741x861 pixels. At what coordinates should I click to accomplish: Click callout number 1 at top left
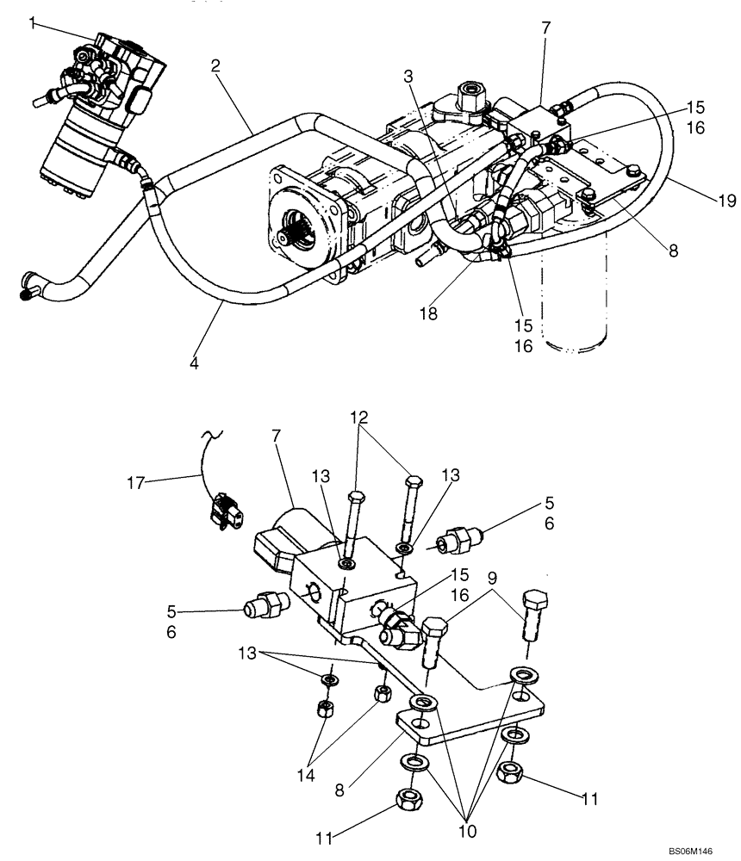coord(33,23)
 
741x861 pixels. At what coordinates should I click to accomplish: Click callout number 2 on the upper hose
coord(216,65)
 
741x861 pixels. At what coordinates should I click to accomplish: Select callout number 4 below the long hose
coord(195,362)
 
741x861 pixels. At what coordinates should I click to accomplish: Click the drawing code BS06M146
coord(701,849)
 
